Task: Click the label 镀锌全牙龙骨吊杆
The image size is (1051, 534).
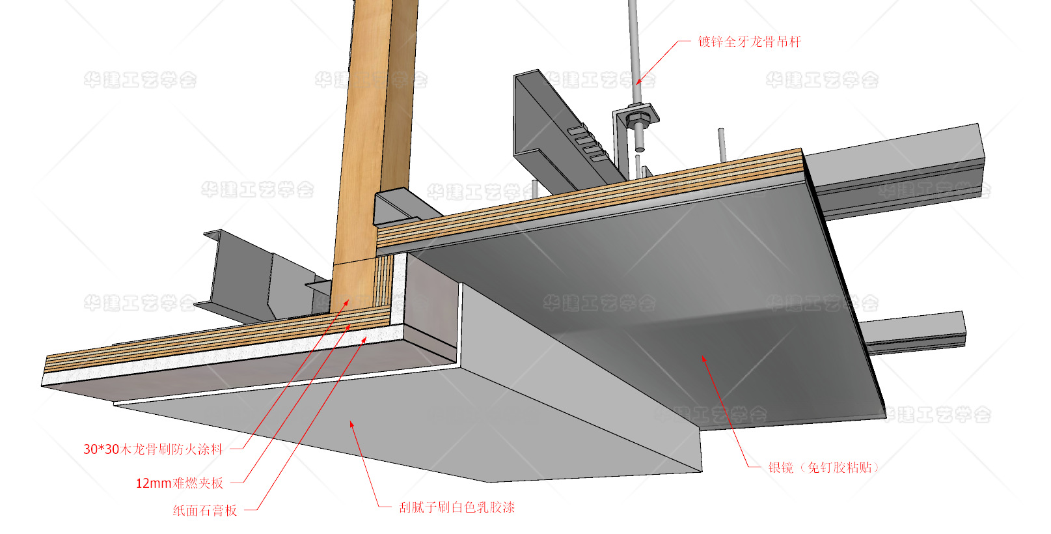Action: click(x=749, y=42)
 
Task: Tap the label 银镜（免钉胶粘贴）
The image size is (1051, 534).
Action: click(x=823, y=468)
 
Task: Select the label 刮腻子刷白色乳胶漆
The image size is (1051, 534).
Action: click(x=457, y=507)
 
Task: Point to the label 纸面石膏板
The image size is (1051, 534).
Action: click(x=204, y=511)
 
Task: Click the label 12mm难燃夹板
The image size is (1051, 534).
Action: click(x=179, y=483)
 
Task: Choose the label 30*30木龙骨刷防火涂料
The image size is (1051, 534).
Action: click(x=152, y=449)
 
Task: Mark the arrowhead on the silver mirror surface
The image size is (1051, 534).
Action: click(x=703, y=359)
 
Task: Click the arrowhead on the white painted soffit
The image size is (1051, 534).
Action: click(x=352, y=425)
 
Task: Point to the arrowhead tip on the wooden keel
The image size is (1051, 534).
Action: click(x=348, y=301)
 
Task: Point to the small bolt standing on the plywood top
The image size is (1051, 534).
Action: click(x=722, y=145)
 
